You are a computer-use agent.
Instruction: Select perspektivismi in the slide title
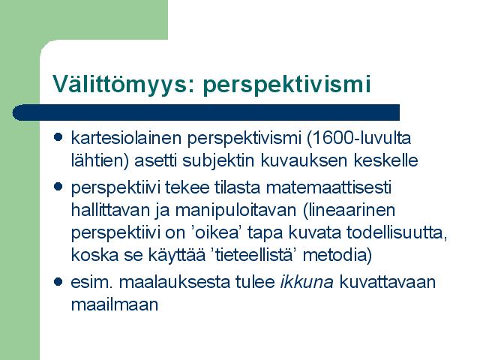pyautogui.click(x=286, y=85)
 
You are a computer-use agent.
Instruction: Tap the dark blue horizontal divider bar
pyautogui.click(x=206, y=112)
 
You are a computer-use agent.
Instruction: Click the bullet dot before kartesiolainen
pyautogui.click(x=58, y=136)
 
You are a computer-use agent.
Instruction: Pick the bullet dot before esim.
pyautogui.click(x=58, y=282)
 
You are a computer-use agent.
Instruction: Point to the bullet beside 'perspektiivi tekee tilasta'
pyautogui.click(x=58, y=187)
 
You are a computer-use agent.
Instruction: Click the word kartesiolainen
pyautogui.click(x=127, y=138)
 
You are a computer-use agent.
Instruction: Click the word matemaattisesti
pyautogui.click(x=328, y=187)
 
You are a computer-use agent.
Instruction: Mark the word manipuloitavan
pyautogui.click(x=235, y=211)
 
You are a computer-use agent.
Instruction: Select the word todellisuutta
pyautogui.click(x=397, y=233)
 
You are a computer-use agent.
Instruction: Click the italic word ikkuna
pyautogui.click(x=307, y=282)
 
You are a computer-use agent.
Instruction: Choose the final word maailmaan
pyautogui.click(x=115, y=304)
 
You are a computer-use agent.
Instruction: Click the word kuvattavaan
pyautogui.click(x=388, y=282)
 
